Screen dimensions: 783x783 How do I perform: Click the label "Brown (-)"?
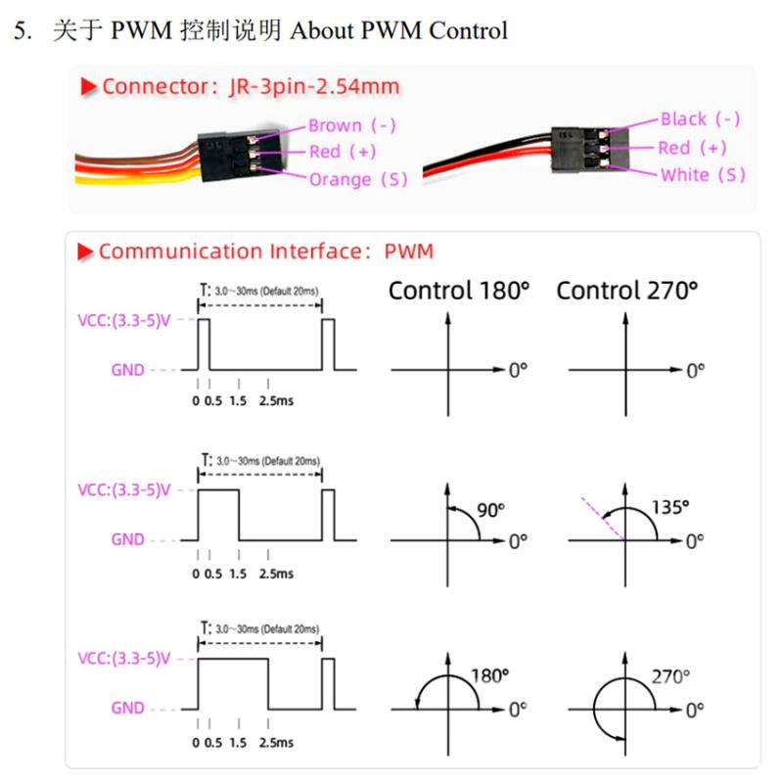pyautogui.click(x=352, y=125)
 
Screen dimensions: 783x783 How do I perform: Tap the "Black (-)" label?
pyautogui.click(x=700, y=119)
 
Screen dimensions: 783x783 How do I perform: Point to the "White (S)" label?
pyautogui.click(x=703, y=175)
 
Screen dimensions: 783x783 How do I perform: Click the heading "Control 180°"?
pyautogui.click(x=459, y=290)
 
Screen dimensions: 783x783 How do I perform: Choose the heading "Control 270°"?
pyautogui.click(x=627, y=290)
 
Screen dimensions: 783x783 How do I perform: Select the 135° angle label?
pyautogui.click(x=669, y=506)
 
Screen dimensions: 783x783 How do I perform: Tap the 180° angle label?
pyautogui.click(x=490, y=674)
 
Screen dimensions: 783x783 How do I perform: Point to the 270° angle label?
pyautogui.click(x=670, y=675)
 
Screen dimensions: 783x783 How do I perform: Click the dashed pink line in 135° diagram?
pyautogui.click(x=601, y=513)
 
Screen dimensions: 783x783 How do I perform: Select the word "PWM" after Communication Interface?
pyautogui.click(x=408, y=251)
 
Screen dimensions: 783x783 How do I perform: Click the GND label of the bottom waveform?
pyautogui.click(x=127, y=708)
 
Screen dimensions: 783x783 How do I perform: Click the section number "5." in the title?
pyautogui.click(x=23, y=30)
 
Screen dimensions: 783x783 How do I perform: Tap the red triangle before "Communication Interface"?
pyautogui.click(x=86, y=252)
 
